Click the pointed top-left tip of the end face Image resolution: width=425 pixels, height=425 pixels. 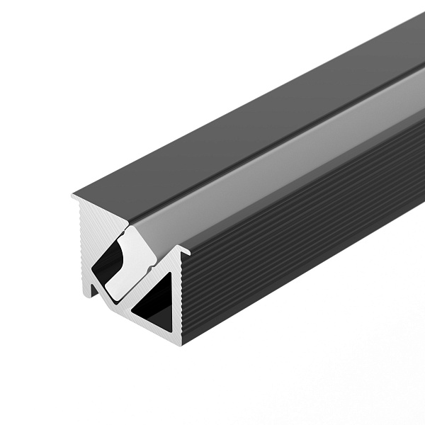click(x=73, y=195)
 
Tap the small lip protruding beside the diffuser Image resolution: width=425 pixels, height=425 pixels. click(x=186, y=249)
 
